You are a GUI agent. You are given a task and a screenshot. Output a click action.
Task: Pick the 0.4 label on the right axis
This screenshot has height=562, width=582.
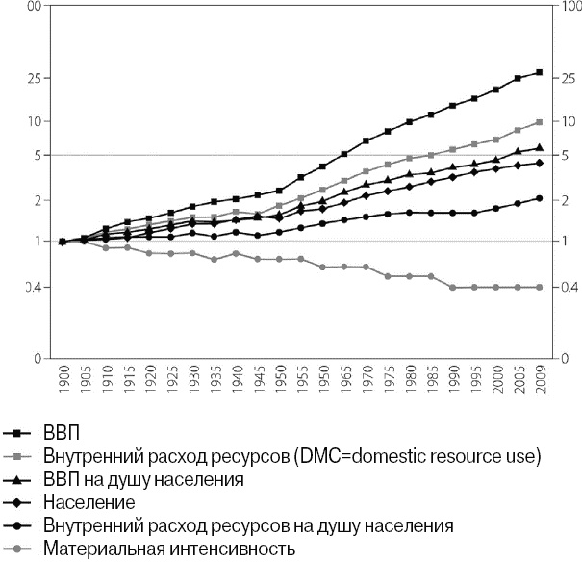(x=568, y=288)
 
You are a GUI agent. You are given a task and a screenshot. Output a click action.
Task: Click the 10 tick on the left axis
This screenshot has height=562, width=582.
(x=34, y=121)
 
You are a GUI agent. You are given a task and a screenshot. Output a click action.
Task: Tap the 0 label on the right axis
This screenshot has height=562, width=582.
(x=568, y=358)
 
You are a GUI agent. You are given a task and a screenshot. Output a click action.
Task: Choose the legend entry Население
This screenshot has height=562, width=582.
(x=89, y=501)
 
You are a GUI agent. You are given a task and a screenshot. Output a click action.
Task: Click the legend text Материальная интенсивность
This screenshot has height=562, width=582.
(x=167, y=549)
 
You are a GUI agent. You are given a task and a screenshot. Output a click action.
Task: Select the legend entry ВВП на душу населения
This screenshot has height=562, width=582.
(x=142, y=477)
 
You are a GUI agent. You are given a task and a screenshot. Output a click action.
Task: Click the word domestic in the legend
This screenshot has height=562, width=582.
(x=371, y=454)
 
